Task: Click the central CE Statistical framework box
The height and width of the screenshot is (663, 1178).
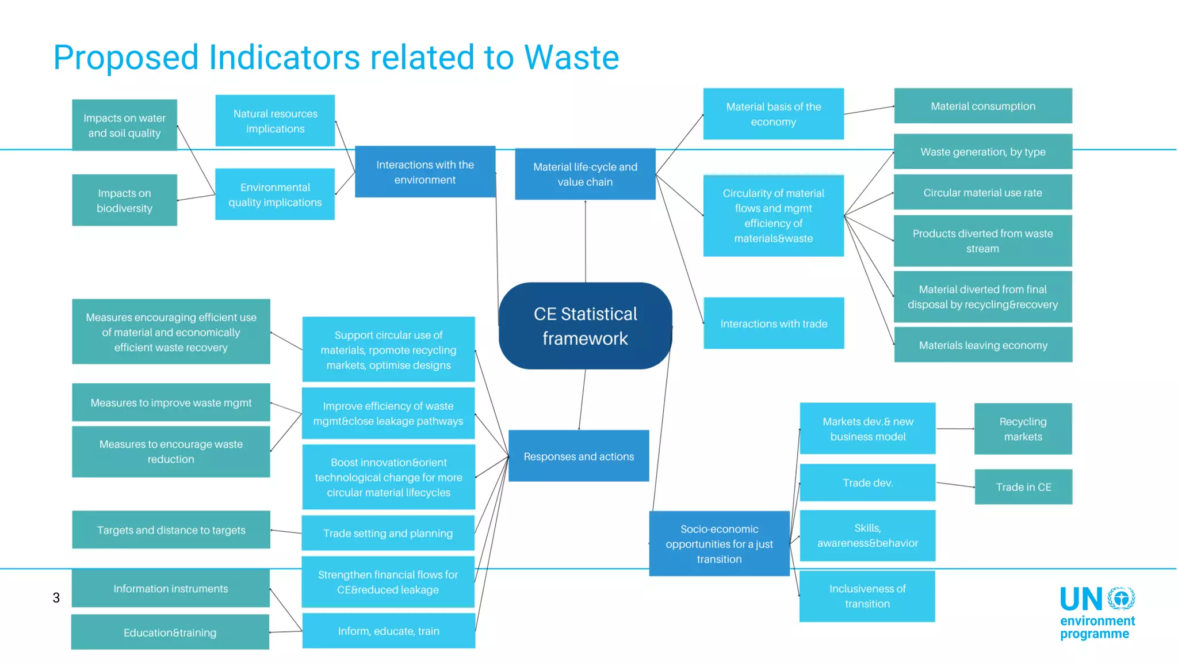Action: [585, 326]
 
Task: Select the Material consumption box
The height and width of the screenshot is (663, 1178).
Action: [982, 106]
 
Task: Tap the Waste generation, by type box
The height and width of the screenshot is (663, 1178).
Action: [982, 152]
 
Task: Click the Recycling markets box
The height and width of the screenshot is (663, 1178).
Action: [1023, 429]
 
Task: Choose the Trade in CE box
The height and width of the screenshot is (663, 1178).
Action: [1023, 487]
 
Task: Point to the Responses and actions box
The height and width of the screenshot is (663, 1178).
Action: [579, 456]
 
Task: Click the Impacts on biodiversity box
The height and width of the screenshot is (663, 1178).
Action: [124, 200]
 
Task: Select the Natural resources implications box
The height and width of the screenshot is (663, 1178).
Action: [275, 121]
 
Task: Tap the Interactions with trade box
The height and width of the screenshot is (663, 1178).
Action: [774, 323]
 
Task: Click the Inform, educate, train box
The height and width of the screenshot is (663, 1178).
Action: [388, 631]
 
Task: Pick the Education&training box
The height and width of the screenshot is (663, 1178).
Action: [170, 632]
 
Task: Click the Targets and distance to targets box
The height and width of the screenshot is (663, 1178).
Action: [171, 529]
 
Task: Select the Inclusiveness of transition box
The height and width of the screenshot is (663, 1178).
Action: [867, 596]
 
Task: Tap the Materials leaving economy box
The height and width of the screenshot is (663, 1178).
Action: [982, 345]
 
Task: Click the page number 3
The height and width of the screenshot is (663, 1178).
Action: [56, 597]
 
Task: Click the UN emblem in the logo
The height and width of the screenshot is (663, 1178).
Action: [1121, 599]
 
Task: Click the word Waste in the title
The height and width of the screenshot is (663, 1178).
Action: [571, 58]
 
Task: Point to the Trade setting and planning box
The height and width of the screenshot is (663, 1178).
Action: [388, 533]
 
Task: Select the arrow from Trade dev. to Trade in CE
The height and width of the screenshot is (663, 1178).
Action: [955, 485]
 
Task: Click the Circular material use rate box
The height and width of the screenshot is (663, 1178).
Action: [982, 192]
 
